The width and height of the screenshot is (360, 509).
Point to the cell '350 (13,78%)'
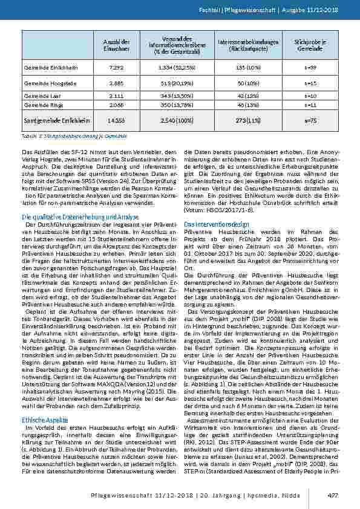(178, 105)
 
